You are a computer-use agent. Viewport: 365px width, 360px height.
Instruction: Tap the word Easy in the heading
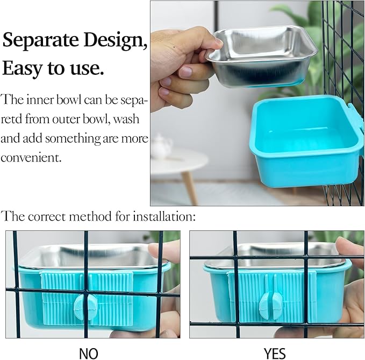22,68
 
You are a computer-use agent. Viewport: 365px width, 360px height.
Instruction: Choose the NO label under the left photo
88,353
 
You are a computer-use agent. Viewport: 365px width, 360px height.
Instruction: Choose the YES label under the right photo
275,353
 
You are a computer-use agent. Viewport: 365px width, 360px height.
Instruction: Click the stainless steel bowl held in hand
260,54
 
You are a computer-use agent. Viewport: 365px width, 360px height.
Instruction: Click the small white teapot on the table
161,146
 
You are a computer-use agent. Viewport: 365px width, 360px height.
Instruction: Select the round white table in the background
180,161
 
